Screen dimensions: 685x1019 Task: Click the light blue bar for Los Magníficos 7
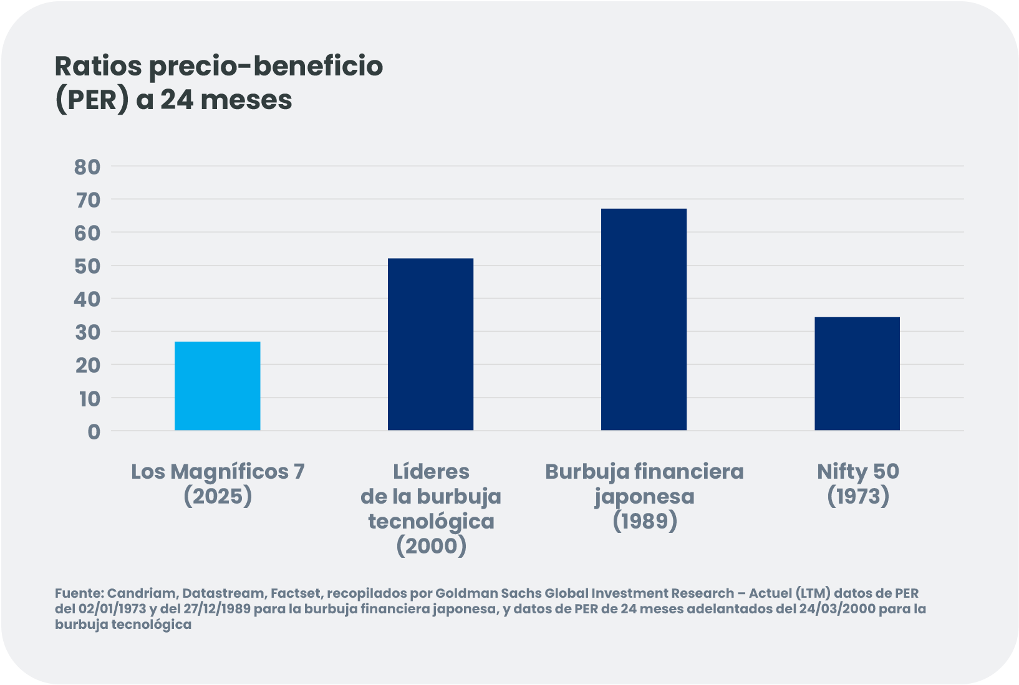tap(217, 386)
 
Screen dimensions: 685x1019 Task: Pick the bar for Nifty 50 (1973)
tap(857, 373)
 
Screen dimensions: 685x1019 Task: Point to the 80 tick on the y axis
tap(87, 166)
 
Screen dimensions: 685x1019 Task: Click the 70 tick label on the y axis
tap(87, 199)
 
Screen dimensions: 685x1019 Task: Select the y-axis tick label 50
tap(87, 266)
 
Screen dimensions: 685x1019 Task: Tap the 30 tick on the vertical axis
tap(87, 332)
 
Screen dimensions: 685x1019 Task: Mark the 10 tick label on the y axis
tap(89, 398)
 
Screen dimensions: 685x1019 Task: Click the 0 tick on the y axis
tap(94, 431)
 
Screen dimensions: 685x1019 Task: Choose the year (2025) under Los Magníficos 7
tap(218, 496)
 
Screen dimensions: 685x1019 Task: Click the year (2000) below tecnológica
tap(431, 546)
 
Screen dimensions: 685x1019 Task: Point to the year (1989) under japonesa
tap(644, 521)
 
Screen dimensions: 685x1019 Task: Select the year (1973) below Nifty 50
tap(858, 496)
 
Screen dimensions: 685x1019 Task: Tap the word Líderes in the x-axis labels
tap(431, 472)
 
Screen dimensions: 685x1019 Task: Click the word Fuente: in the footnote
tap(79, 593)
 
